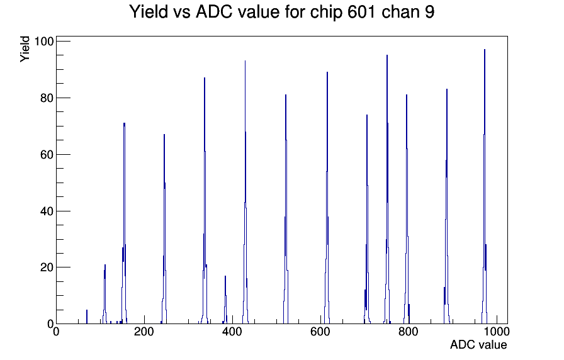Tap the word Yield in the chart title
(x=148, y=12)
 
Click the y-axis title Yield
(x=25, y=49)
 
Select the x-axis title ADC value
(x=478, y=344)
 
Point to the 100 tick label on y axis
(x=43, y=42)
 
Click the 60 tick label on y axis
(x=47, y=155)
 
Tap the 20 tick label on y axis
(x=47, y=267)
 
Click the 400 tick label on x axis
(x=232, y=331)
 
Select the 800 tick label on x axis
(x=409, y=331)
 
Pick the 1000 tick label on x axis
(x=497, y=331)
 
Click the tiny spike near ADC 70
(x=87, y=317)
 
